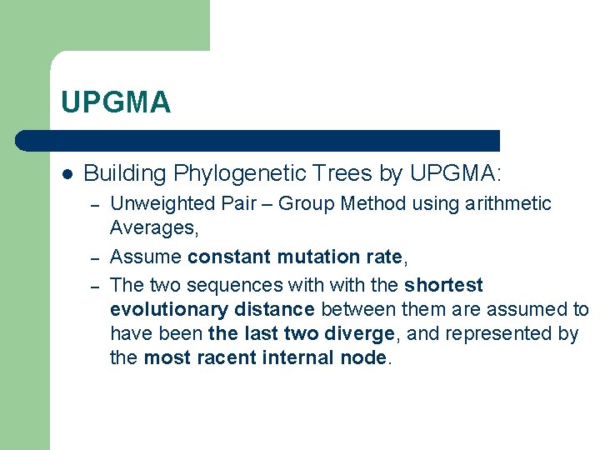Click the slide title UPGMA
[x=116, y=102]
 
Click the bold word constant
[x=229, y=257]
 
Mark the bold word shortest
[x=443, y=285]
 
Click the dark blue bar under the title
[x=258, y=140]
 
